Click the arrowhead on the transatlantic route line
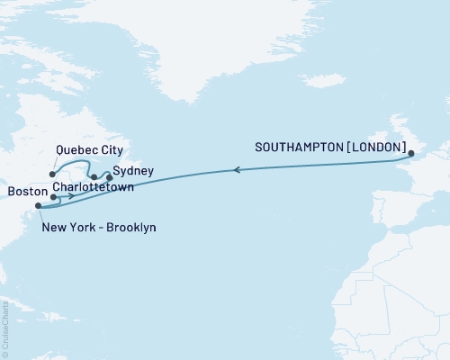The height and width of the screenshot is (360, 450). coord(236,168)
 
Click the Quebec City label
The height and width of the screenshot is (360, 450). coord(89,149)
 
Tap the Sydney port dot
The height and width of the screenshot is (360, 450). coord(110,177)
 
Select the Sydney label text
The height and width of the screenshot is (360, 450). coord(133,170)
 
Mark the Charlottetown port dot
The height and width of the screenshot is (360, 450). coord(94,177)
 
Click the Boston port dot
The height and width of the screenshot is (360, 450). coord(54,196)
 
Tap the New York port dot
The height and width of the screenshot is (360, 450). coord(38,207)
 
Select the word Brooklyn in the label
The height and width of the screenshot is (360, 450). coord(130,228)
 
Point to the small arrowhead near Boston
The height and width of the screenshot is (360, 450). coord(71,193)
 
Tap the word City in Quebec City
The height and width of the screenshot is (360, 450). coord(111,149)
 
